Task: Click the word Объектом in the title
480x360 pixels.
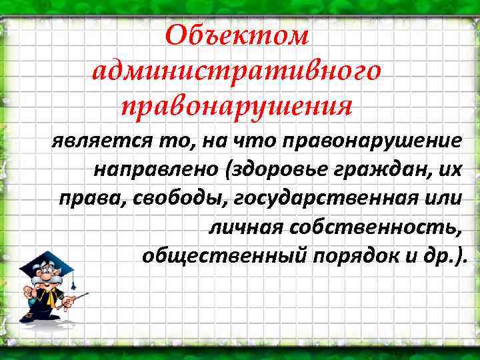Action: [x=238, y=35]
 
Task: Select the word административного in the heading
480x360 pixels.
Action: [x=238, y=70]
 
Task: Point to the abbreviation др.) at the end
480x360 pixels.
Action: [x=451, y=256]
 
